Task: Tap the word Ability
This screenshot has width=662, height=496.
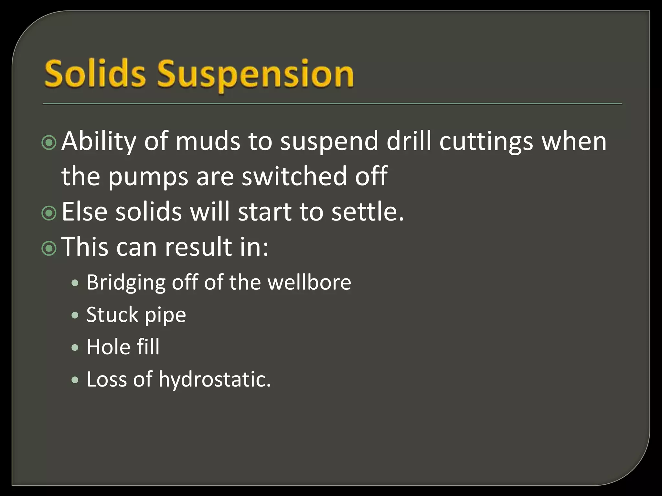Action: [98, 142]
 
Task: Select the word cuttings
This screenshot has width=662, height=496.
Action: [486, 142]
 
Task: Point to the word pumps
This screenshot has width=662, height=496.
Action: [148, 177]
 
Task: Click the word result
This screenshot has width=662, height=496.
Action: [198, 247]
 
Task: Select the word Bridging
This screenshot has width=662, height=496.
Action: [126, 283]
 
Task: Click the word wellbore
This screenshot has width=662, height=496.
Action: [309, 282]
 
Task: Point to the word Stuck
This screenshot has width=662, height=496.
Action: [112, 315]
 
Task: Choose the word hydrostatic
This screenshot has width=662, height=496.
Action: [215, 379]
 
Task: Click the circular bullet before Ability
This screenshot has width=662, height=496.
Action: [49, 142]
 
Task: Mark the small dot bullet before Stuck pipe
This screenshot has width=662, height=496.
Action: [75, 315]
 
